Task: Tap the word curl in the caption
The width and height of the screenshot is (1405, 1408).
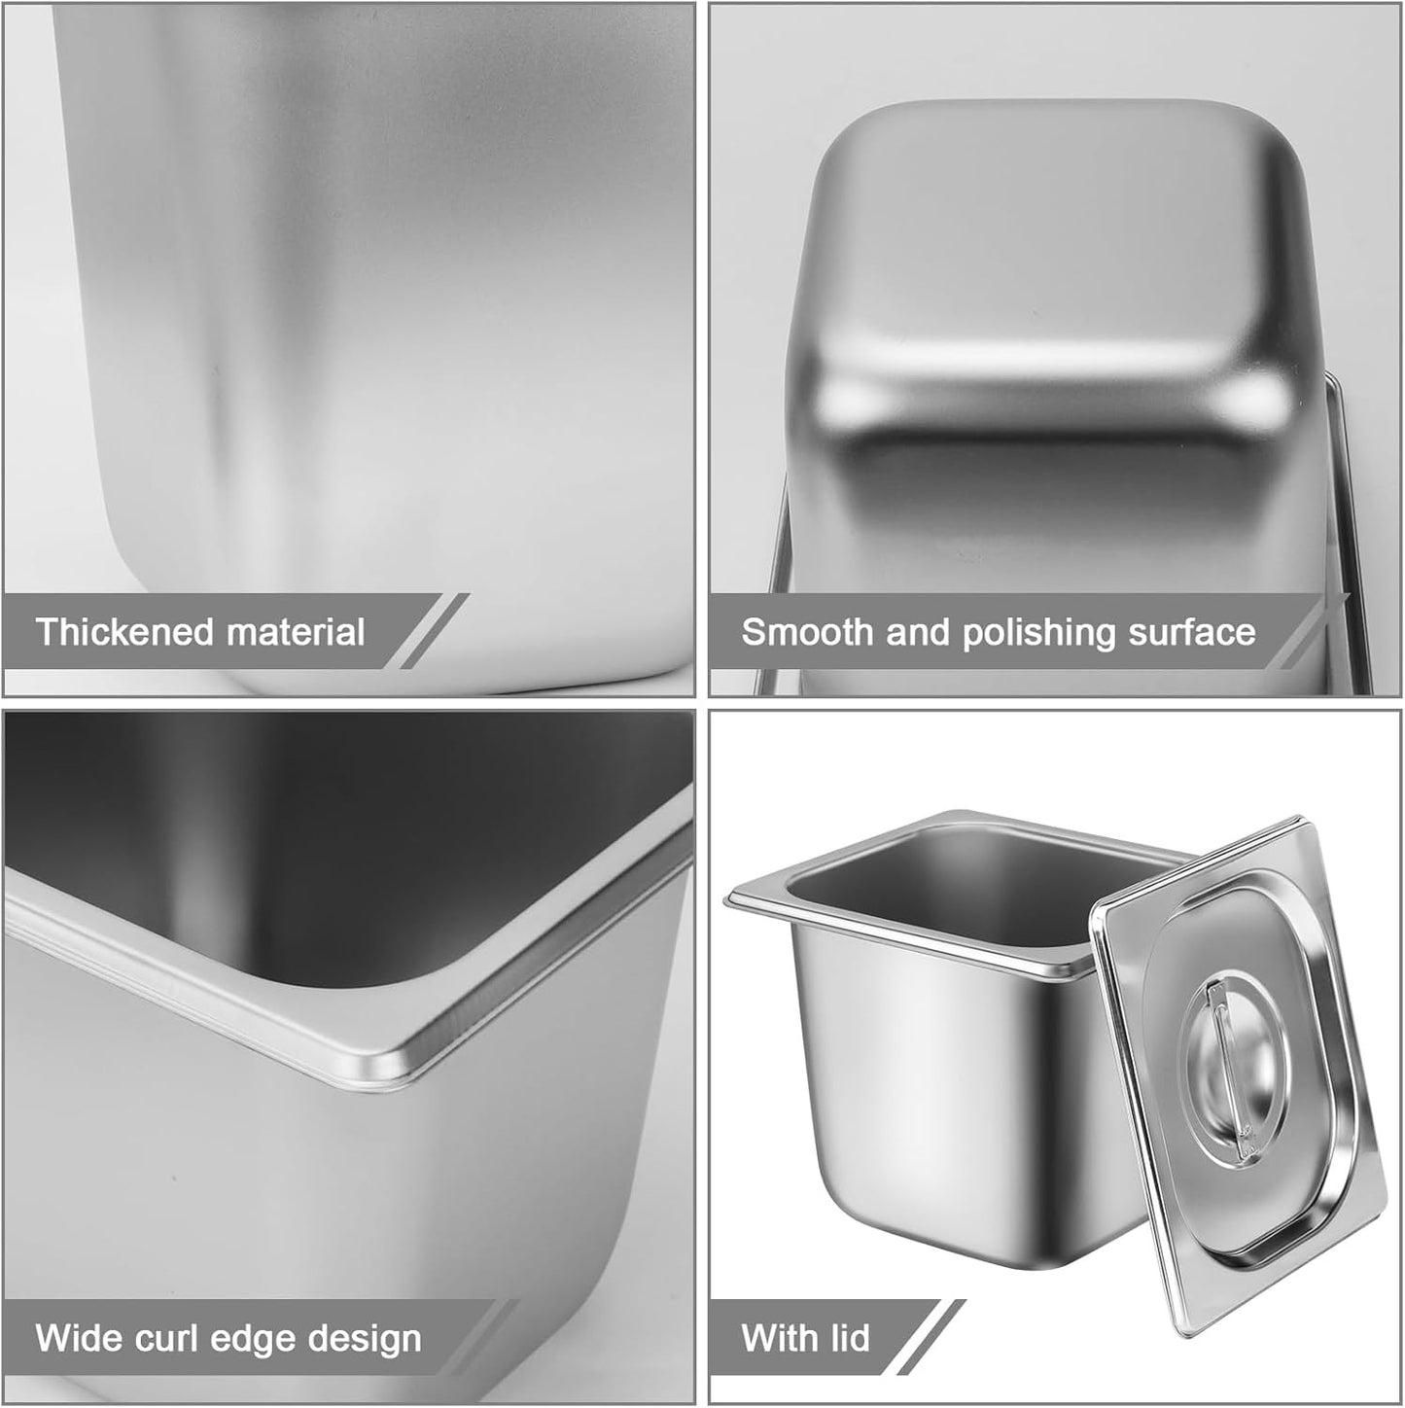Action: [156, 1338]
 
